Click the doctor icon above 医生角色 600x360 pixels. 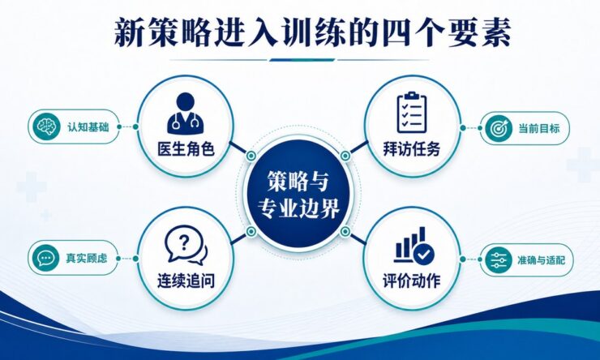click(x=185, y=114)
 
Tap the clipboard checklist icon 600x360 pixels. click(x=411, y=112)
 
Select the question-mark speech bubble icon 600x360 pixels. click(x=186, y=245)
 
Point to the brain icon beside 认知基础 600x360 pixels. click(x=46, y=126)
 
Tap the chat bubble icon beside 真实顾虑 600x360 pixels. click(x=46, y=258)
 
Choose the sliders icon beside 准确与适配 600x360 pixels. click(x=499, y=260)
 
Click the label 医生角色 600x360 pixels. click(x=186, y=149)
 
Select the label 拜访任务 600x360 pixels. click(x=412, y=149)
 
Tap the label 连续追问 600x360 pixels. click(x=186, y=281)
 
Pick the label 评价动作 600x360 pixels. click(x=412, y=281)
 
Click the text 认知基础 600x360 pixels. click(x=88, y=126)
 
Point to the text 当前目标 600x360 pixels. click(x=538, y=128)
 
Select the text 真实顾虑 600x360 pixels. click(x=87, y=258)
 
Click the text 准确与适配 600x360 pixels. click(x=540, y=260)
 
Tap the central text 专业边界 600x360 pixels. click(x=298, y=209)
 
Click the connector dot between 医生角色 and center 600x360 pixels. click(x=251, y=156)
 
